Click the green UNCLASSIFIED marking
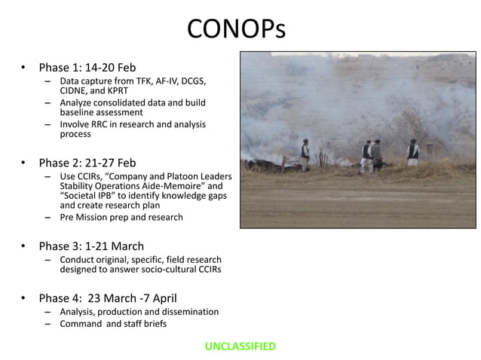pyautogui.click(x=240, y=346)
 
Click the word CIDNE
pyautogui.click(x=75, y=91)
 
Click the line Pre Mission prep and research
pyautogui.click(x=121, y=218)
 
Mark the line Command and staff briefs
pyautogui.click(x=113, y=324)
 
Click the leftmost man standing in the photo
pyautogui.click(x=306, y=153)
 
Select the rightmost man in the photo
pyautogui.click(x=413, y=153)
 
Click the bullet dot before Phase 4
pyautogui.click(x=24, y=297)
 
